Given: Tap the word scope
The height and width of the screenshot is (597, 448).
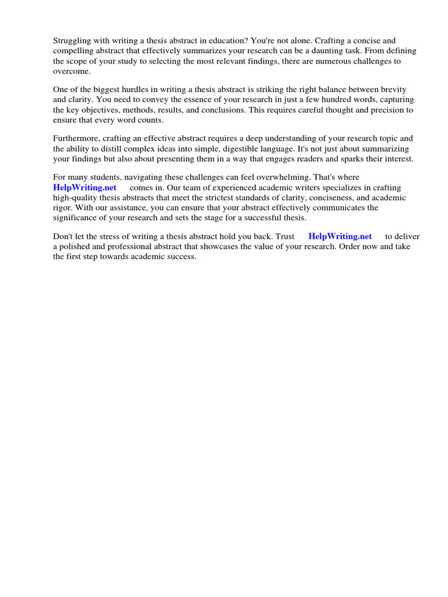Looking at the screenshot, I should [79, 61].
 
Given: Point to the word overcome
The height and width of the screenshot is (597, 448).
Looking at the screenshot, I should [71, 71].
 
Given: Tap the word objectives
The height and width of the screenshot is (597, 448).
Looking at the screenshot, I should [87, 110].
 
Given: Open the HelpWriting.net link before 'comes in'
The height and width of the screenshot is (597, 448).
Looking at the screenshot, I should [85, 188].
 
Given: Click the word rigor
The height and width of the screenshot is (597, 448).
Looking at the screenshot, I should [62, 208].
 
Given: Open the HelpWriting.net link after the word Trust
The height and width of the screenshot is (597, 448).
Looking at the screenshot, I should [339, 237].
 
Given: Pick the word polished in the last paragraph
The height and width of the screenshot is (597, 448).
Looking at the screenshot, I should [75, 247].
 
